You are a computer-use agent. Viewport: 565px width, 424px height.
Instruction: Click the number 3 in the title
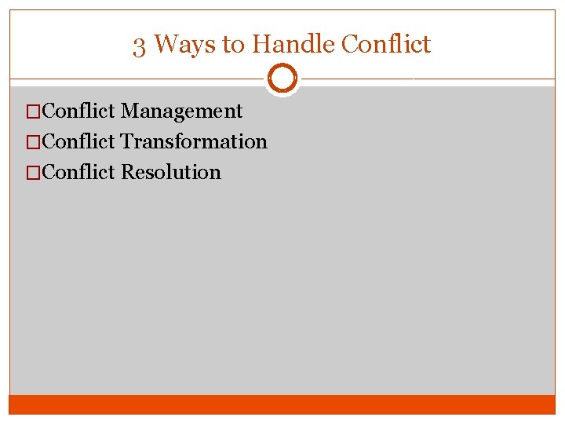pyautogui.click(x=139, y=46)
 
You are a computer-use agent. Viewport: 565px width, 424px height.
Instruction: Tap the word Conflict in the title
pyautogui.click(x=385, y=44)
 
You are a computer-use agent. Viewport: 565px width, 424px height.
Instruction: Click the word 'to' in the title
pyautogui.click(x=233, y=45)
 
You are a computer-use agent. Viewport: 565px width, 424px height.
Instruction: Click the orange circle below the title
pyautogui.click(x=282, y=79)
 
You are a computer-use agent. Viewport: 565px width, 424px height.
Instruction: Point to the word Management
pyautogui.click(x=181, y=112)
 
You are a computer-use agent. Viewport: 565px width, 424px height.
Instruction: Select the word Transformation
pyautogui.click(x=194, y=142)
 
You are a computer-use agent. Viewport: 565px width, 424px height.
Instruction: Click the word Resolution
pyautogui.click(x=171, y=172)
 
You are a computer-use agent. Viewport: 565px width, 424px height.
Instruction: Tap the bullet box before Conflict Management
pyautogui.click(x=33, y=112)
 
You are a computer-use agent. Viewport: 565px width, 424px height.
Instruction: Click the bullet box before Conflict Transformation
pyautogui.click(x=33, y=142)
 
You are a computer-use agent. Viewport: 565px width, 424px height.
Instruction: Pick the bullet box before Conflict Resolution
pyautogui.click(x=33, y=172)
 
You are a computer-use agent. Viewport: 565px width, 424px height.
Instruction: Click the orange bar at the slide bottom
pyautogui.click(x=282, y=404)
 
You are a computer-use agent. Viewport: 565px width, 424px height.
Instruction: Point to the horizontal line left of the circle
pyautogui.click(x=137, y=79)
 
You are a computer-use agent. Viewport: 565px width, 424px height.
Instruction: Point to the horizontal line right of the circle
pyautogui.click(x=428, y=79)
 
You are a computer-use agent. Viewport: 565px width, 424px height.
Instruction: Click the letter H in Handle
pyautogui.click(x=259, y=44)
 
